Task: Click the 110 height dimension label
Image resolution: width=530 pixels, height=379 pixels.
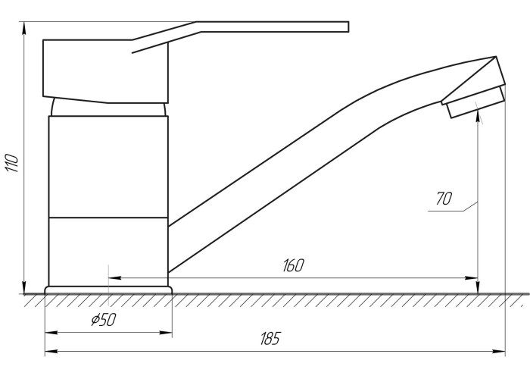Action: pyautogui.click(x=12, y=163)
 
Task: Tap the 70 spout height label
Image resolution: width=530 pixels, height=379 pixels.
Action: pyautogui.click(x=444, y=199)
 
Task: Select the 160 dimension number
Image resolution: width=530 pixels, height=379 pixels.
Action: pyautogui.click(x=294, y=265)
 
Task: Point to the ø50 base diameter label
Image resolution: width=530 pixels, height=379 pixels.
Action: pyautogui.click(x=104, y=319)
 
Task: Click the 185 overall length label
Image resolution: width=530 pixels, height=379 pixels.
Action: pyautogui.click(x=270, y=338)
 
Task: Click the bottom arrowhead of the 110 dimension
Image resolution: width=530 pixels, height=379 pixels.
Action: pyautogui.click(x=24, y=287)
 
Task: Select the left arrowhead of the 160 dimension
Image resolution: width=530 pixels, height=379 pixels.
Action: pyautogui.click(x=115, y=278)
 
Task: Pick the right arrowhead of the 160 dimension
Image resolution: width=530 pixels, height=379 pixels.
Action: pyautogui.click(x=471, y=278)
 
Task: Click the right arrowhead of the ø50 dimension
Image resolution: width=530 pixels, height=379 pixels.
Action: pyautogui.click(x=166, y=333)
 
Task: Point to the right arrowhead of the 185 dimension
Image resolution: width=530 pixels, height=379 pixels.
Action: pyautogui.click(x=499, y=352)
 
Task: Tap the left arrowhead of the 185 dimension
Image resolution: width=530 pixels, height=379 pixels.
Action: pyautogui.click(x=51, y=352)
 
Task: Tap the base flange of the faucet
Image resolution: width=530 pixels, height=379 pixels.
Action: pyautogui.click(x=108, y=290)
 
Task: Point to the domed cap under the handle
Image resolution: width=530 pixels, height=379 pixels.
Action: pyautogui.click(x=108, y=108)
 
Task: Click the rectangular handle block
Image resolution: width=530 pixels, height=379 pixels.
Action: pyautogui.click(x=105, y=71)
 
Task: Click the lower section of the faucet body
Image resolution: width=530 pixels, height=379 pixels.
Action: pyautogui.click(x=108, y=252)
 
